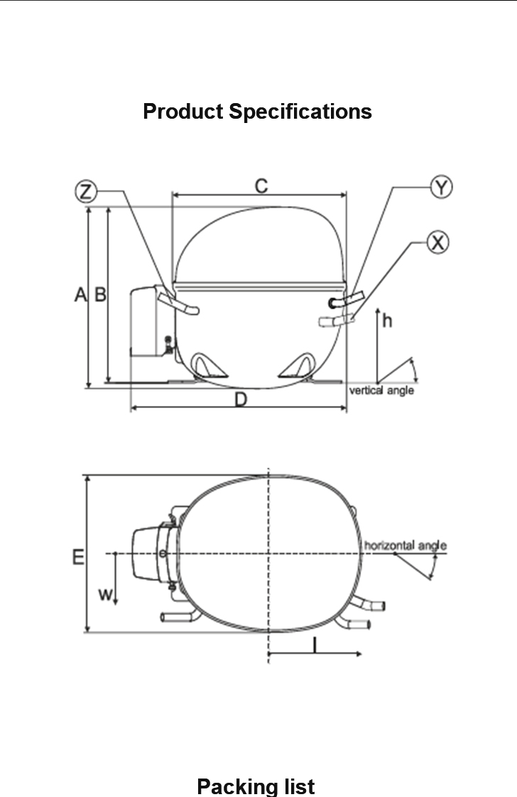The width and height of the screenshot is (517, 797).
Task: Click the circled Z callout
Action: pyautogui.click(x=86, y=192)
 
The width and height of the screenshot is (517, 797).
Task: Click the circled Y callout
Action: pyautogui.click(x=442, y=187)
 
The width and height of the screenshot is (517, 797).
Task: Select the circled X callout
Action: pyautogui.click(x=437, y=242)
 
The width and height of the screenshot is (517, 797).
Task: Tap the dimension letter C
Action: pyautogui.click(x=261, y=186)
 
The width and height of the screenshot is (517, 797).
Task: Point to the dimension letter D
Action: pyautogui.click(x=241, y=400)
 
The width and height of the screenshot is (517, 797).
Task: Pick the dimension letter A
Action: pyautogui.click(x=81, y=294)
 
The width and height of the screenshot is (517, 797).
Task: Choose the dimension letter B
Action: pyautogui.click(x=101, y=294)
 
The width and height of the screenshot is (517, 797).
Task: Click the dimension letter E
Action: pyautogui.click(x=77, y=557)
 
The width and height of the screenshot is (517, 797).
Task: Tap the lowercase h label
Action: pyautogui.click(x=387, y=320)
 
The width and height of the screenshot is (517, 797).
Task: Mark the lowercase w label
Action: pyautogui.click(x=105, y=594)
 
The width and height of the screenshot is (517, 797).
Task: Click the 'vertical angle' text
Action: pyautogui.click(x=381, y=390)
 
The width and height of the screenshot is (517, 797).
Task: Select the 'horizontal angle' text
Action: pyautogui.click(x=406, y=545)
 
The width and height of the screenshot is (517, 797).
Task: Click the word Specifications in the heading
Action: pyautogui.click(x=300, y=112)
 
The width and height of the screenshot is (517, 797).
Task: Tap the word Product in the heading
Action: pyautogui.click(x=183, y=112)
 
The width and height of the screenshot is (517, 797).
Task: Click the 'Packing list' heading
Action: pyautogui.click(x=256, y=786)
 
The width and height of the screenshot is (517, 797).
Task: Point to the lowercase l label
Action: pyautogui.click(x=315, y=645)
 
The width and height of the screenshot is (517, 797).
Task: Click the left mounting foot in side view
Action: pyautogui.click(x=209, y=366)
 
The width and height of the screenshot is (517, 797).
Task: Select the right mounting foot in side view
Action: pyautogui.click(x=297, y=366)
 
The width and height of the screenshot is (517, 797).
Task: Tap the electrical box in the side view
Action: pyautogui.click(x=151, y=321)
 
